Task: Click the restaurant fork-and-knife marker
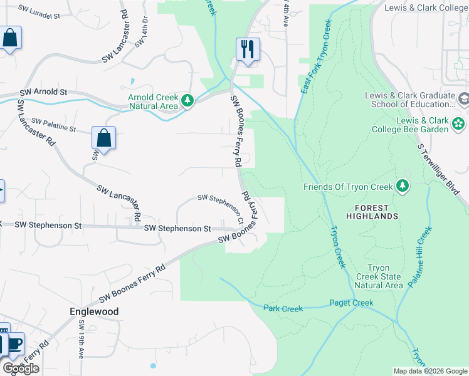coord(248,49)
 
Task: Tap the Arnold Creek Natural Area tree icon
coord(187,101)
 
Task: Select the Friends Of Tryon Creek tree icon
coord(402,186)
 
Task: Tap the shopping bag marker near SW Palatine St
coord(103,138)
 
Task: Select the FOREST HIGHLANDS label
coord(376,212)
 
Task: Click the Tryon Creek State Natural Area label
coord(378,276)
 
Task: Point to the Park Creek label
coord(283,308)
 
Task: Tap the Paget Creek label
coord(351,303)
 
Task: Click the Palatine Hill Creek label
coord(421,257)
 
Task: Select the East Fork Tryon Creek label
coord(315,57)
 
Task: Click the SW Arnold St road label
coord(43,92)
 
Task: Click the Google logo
coord(21,368)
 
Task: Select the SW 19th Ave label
coord(82,339)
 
